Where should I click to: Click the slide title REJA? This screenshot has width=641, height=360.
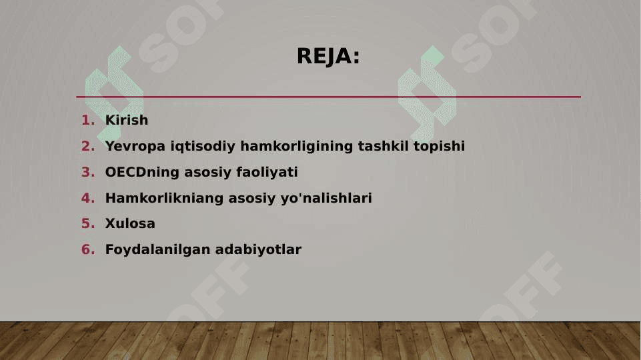click(328, 56)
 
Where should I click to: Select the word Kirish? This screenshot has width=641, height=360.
click(127, 120)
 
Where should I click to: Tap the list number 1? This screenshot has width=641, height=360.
click(88, 120)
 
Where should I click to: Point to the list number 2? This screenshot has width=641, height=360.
click(88, 146)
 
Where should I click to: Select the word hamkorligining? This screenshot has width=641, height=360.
click(296, 146)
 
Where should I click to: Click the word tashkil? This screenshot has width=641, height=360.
click(383, 146)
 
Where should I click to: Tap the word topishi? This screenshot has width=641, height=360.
click(439, 146)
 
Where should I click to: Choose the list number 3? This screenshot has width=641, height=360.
click(88, 172)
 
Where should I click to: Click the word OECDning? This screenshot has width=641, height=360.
click(142, 172)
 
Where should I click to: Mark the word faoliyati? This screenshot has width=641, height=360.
click(267, 172)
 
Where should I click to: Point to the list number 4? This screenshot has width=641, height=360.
click(88, 198)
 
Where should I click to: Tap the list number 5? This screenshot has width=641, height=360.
click(88, 223)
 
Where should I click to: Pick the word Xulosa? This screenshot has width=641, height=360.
click(131, 223)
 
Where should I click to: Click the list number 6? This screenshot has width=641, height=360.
click(88, 249)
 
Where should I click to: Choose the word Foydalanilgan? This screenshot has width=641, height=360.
click(158, 250)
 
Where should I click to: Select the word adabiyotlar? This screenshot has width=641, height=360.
click(258, 250)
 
